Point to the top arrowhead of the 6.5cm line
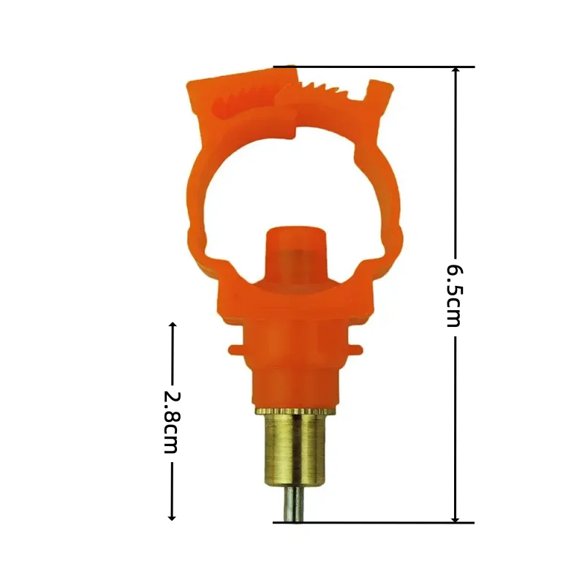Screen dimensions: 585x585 pos(455,72)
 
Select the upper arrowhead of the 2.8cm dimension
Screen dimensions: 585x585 pos(172,325)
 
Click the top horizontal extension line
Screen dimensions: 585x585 pos(373,67)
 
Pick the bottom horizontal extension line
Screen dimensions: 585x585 pos(373,523)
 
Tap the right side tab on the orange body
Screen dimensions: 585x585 pos(356,346)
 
